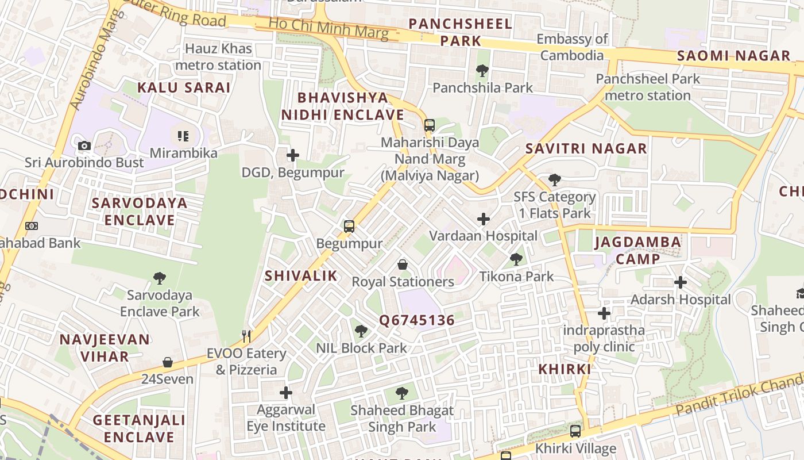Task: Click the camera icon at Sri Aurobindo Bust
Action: click(x=84, y=145)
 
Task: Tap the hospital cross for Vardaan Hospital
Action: click(x=484, y=219)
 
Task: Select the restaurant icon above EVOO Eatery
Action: click(x=247, y=336)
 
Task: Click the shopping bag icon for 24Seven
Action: click(x=168, y=362)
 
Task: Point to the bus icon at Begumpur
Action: click(x=349, y=227)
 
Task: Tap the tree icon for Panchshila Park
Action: click(x=482, y=71)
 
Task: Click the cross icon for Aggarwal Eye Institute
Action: click(x=285, y=393)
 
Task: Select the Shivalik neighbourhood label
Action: click(x=301, y=276)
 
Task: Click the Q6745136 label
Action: click(x=417, y=320)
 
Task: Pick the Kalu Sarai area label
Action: click(x=184, y=88)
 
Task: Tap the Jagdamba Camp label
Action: click(x=638, y=250)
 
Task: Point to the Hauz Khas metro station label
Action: click(x=218, y=57)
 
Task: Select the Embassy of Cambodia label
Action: click(x=572, y=47)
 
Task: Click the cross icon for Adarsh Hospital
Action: click(x=681, y=282)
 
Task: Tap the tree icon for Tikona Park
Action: click(x=516, y=259)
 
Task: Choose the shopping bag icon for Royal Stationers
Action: click(x=403, y=264)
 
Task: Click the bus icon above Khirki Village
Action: click(x=575, y=431)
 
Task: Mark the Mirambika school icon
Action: click(x=183, y=136)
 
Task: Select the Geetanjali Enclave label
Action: click(x=140, y=428)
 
